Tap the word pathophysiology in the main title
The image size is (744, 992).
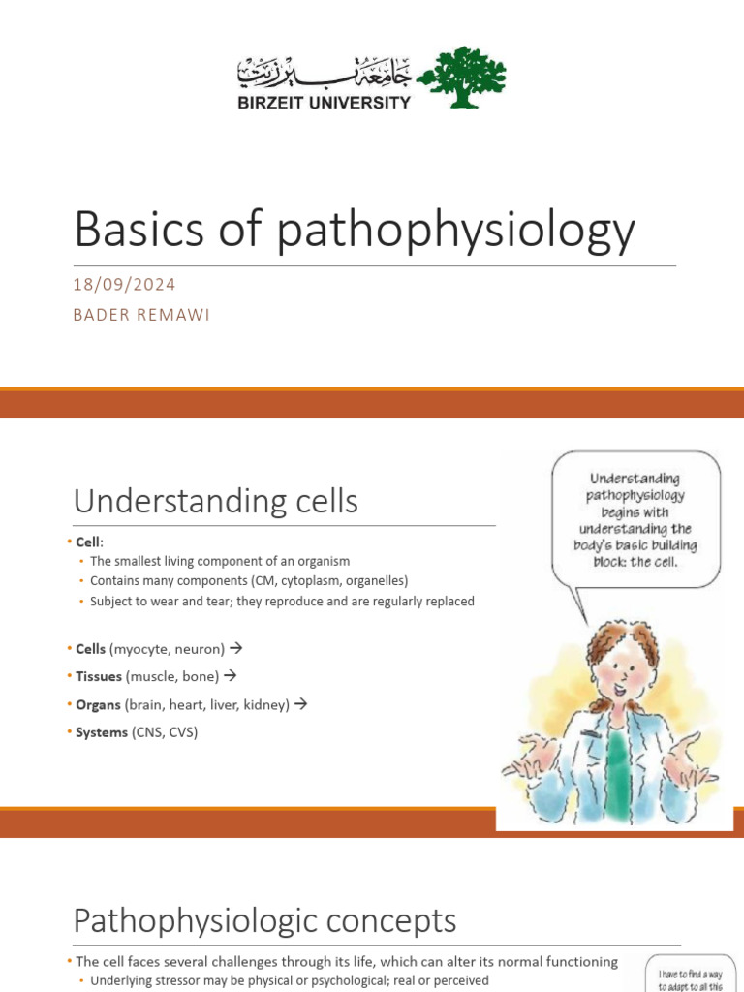454,230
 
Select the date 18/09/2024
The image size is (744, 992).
125,284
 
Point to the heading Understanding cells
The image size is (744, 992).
216,501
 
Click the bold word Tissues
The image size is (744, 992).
99,676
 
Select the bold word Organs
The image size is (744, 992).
98,704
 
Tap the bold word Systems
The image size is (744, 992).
102,732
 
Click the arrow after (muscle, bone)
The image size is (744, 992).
231,675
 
